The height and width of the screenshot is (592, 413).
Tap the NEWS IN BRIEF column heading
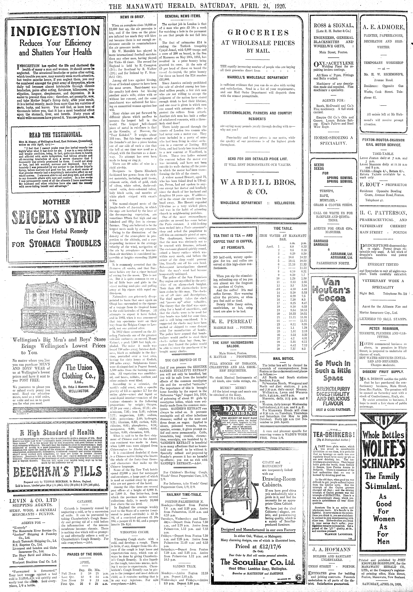click(x=133, y=17)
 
